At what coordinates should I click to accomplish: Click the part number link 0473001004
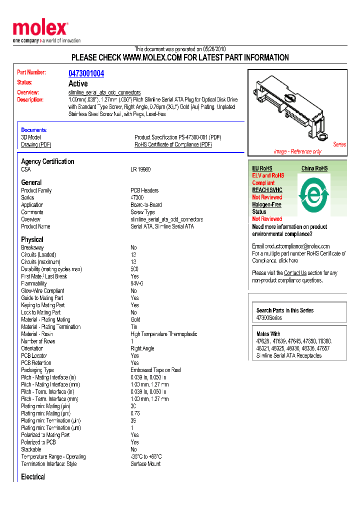pos(86,73)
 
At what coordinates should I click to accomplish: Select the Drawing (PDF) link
pos(36,144)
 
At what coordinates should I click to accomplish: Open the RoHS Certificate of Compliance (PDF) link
pos(173,144)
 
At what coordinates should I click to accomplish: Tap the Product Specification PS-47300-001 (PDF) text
pos(177,137)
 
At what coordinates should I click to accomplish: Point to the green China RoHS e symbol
pos(313,192)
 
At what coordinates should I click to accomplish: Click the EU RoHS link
pos(262,168)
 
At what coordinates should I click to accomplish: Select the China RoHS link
pos(314,168)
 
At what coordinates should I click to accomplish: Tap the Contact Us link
pos(295,273)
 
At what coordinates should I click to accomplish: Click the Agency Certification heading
pos(47,161)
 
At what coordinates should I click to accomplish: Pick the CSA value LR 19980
pos(140,169)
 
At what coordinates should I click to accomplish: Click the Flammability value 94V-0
pos(137,283)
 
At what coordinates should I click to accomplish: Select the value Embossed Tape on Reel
pos(155,370)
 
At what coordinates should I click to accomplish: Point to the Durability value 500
pos(135,269)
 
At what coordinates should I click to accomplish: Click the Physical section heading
pos(32,239)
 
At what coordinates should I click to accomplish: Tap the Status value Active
pos(77,83)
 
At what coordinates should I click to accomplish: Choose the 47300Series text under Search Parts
pos(269,318)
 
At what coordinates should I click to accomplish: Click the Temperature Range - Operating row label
pos(53,456)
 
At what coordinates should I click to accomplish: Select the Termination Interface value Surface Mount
pos(145,464)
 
